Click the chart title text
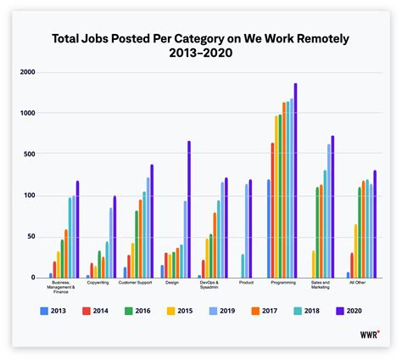(x=201, y=41)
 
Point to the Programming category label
(x=282, y=283)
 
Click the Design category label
(x=172, y=283)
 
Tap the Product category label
(x=246, y=283)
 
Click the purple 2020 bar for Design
(x=188, y=209)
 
